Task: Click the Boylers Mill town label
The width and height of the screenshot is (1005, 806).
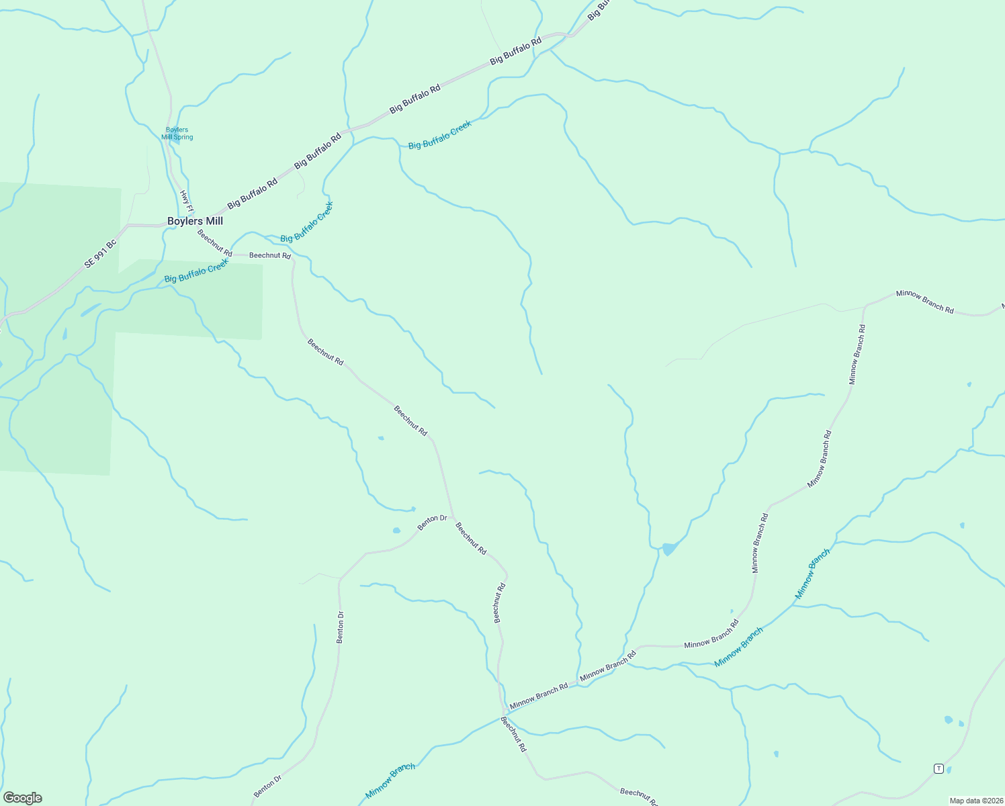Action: pos(195,221)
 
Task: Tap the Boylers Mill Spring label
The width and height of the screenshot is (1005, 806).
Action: pos(177,134)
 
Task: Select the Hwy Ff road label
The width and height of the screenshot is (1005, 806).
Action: pos(186,201)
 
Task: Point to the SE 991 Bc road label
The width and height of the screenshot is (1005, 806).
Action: pos(101,255)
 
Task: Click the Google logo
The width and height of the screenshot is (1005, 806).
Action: pos(23,798)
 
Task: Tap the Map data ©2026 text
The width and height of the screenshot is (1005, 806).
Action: pos(975,801)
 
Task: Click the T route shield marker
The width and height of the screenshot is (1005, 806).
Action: pos(938,768)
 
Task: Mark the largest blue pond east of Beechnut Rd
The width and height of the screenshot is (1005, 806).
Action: pos(669,549)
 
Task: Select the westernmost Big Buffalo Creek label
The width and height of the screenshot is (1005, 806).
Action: pos(196,270)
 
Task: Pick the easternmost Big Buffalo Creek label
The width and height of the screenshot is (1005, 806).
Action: pos(440,135)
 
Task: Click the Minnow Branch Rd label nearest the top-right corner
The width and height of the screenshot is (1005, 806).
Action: pos(925,302)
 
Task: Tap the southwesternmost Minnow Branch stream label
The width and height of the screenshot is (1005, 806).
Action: pos(390,780)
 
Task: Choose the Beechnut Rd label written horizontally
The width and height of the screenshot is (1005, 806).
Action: pos(270,255)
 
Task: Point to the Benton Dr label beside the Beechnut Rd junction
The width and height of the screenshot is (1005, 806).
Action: pos(432,522)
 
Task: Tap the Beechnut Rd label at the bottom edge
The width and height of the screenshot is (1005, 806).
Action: pos(639,797)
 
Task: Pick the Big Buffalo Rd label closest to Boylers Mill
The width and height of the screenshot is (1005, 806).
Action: pos(252,193)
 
